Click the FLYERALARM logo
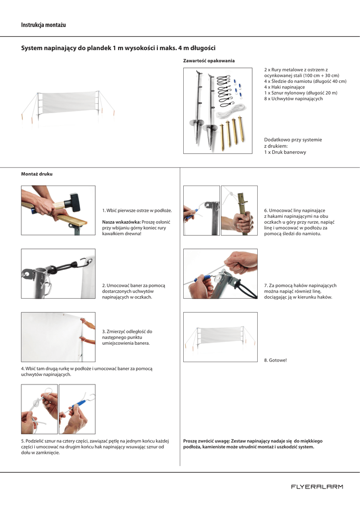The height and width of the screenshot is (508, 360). point(317,487)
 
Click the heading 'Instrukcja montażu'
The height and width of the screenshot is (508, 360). point(44,25)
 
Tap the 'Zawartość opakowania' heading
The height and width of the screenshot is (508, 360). point(209,61)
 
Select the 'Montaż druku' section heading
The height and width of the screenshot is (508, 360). point(37,174)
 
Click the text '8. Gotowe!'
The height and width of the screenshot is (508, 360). point(276,360)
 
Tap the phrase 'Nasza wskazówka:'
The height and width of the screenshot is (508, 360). point(121,222)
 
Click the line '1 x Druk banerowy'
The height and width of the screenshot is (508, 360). point(285,152)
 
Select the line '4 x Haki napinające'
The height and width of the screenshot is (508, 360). point(285,87)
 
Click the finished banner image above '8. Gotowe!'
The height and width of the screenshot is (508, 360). point(220,337)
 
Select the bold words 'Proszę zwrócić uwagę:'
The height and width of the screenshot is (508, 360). point(206,441)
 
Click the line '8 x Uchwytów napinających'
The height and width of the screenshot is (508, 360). point(293,99)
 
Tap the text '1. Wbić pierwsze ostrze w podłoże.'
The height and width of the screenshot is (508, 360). point(137,210)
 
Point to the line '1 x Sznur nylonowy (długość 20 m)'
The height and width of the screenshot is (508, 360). point(300,93)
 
